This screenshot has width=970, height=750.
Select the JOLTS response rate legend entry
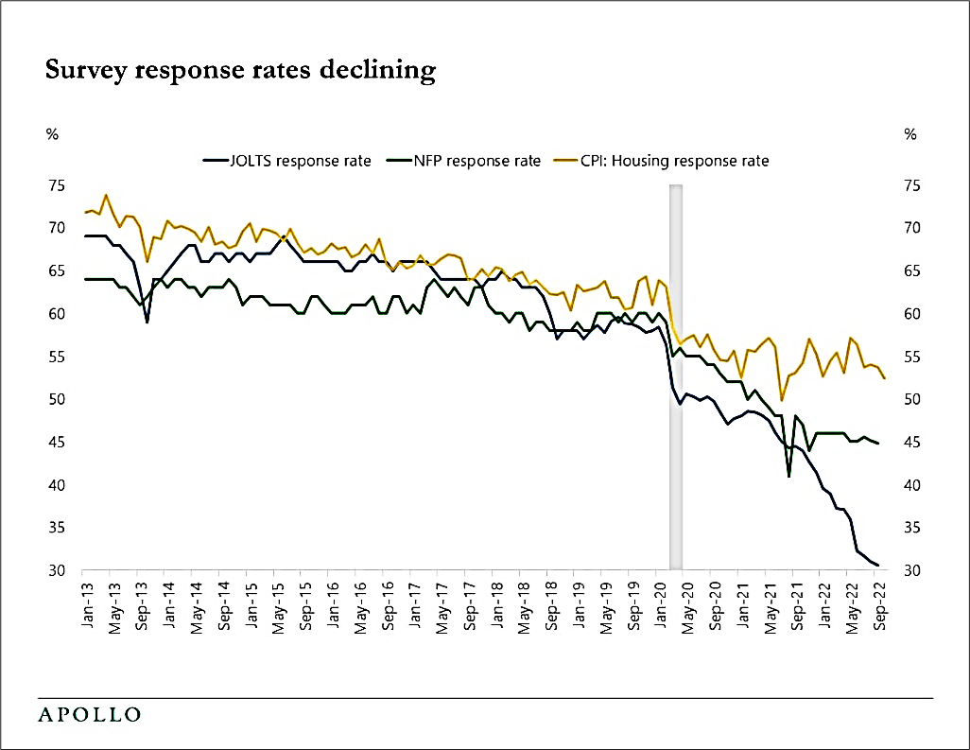tap(287, 161)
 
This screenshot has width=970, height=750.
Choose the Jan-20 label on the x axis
tap(662, 602)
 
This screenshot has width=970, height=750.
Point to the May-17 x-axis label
tap(442, 602)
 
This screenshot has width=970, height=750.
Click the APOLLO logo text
tap(90, 713)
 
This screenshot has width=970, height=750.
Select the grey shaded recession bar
tap(676, 378)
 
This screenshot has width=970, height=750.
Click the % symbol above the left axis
tap(53, 134)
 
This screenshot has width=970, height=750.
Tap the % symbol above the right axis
tap(910, 134)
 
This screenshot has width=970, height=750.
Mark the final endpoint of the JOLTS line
tap(878, 566)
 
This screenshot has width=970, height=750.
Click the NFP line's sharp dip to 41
tap(789, 476)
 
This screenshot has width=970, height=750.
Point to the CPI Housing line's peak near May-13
tap(106, 195)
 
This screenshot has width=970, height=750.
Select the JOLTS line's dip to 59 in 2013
tap(147, 322)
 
